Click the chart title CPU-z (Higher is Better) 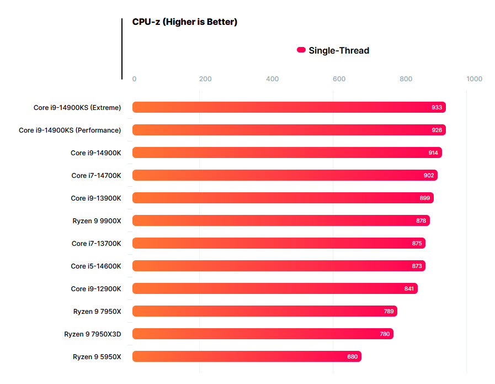(184, 22)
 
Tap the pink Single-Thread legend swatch (301, 50)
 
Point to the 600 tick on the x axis (339, 79)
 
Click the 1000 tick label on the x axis (474, 79)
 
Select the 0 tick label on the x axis (134, 79)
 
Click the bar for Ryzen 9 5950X (247, 356)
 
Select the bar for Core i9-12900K (275, 288)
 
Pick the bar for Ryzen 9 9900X (281, 220)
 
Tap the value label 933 (437, 107)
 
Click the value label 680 (352, 356)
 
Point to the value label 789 (388, 311)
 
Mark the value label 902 (429, 175)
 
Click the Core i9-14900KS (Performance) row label (70, 130)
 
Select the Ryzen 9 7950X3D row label (92, 334)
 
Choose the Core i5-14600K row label (95, 266)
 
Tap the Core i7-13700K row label (96, 243)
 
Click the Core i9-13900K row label (95, 198)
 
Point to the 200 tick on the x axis (205, 79)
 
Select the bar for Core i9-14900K (287, 152)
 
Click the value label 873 (417, 266)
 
